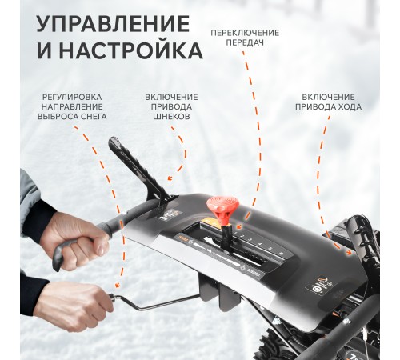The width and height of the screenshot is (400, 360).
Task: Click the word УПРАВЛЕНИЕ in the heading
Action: pyautogui.click(x=113, y=24)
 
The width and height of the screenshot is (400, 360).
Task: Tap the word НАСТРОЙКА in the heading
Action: pyautogui.click(x=131, y=50)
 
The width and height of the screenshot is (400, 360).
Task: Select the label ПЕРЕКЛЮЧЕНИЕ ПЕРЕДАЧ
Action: pyautogui.click(x=245, y=38)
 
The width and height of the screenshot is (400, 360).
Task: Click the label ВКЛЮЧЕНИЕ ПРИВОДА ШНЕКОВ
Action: pyautogui.click(x=171, y=106)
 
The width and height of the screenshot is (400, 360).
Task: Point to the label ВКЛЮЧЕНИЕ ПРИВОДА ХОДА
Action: pyautogui.click(x=328, y=102)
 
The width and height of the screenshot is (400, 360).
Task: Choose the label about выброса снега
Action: pyautogui.click(x=72, y=106)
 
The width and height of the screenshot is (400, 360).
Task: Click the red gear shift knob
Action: pyautogui.click(x=222, y=206)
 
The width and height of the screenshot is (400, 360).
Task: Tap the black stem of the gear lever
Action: pyautogui.click(x=226, y=234)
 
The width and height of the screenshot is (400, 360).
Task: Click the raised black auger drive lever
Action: pyautogui.click(x=138, y=168)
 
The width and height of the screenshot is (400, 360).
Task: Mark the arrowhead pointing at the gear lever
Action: pyautogui.click(x=239, y=226)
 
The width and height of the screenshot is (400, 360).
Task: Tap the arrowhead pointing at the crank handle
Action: pyautogui.click(x=117, y=285)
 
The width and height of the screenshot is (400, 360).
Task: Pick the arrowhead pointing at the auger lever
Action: pyautogui.click(x=170, y=178)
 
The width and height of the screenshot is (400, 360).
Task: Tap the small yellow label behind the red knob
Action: pyautogui.click(x=209, y=222)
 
